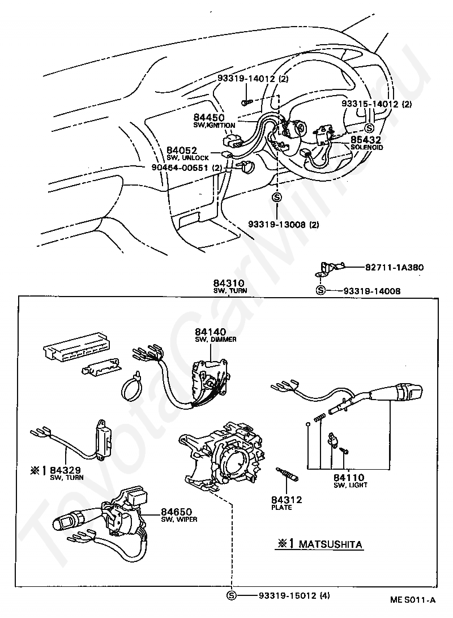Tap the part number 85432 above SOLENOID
[x=365, y=139]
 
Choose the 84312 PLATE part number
[x=286, y=499]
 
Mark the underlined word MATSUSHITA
[x=330, y=544]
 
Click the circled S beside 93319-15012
[x=232, y=595]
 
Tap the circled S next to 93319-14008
[x=320, y=291]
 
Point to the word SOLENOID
[x=366, y=148]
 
